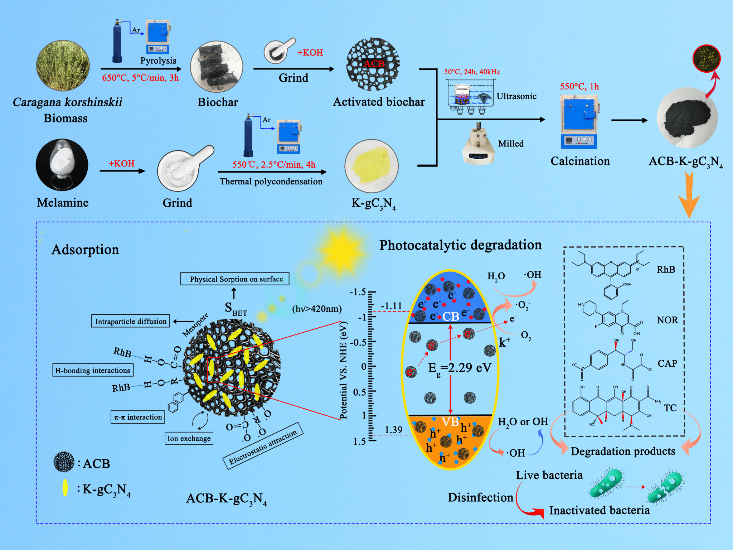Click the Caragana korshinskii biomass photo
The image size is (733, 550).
63,65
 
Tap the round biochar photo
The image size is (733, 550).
217,67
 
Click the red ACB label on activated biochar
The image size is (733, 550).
374,64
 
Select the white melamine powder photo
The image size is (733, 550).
62,164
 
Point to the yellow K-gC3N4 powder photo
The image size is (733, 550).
371,166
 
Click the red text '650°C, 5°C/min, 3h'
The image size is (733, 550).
140,78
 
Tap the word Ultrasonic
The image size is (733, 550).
516,96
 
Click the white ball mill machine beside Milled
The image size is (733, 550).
478,144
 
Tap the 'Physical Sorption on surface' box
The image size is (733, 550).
235,279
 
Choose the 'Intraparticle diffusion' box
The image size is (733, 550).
131,321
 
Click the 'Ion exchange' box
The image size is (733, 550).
189,438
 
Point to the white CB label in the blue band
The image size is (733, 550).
451,317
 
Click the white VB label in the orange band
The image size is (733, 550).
450,422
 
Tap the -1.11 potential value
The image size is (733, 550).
392,306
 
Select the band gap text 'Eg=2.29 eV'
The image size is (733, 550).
460,368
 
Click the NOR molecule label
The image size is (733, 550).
667,320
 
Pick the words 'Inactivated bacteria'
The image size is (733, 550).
599,510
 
